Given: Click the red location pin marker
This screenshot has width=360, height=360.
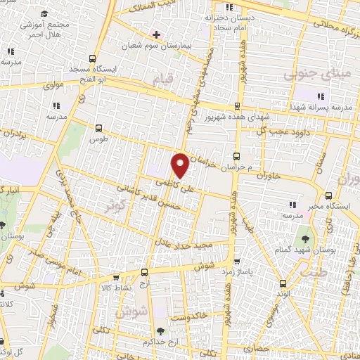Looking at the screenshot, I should pos(180,165).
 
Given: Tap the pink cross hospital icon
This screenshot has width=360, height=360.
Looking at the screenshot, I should pos(155,33).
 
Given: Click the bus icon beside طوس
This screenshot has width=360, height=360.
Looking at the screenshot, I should pos(98,128).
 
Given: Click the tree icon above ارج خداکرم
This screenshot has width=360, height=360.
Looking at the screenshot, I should pos(161,330).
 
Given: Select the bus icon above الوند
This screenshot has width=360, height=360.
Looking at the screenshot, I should pos(283,283).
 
